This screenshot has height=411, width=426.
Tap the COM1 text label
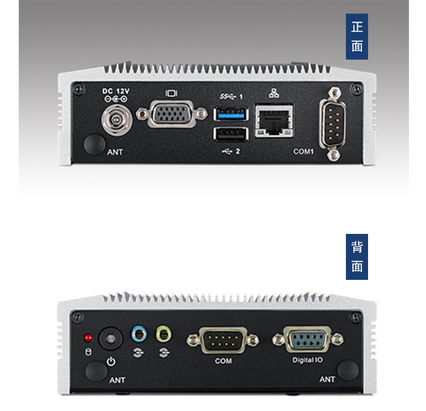point(303,152)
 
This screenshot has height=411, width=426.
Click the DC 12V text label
point(116,91)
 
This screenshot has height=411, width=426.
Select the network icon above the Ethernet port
point(274,93)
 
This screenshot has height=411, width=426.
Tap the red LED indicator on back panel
point(88,338)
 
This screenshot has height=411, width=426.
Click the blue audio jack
point(137,333)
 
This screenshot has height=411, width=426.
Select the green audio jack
point(164,333)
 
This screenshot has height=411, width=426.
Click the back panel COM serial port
point(223,341)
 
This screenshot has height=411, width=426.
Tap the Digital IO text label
point(307,360)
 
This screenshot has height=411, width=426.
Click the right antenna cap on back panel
point(347,371)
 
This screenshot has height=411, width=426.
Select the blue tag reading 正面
point(357,37)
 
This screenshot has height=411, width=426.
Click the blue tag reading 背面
point(357,257)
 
